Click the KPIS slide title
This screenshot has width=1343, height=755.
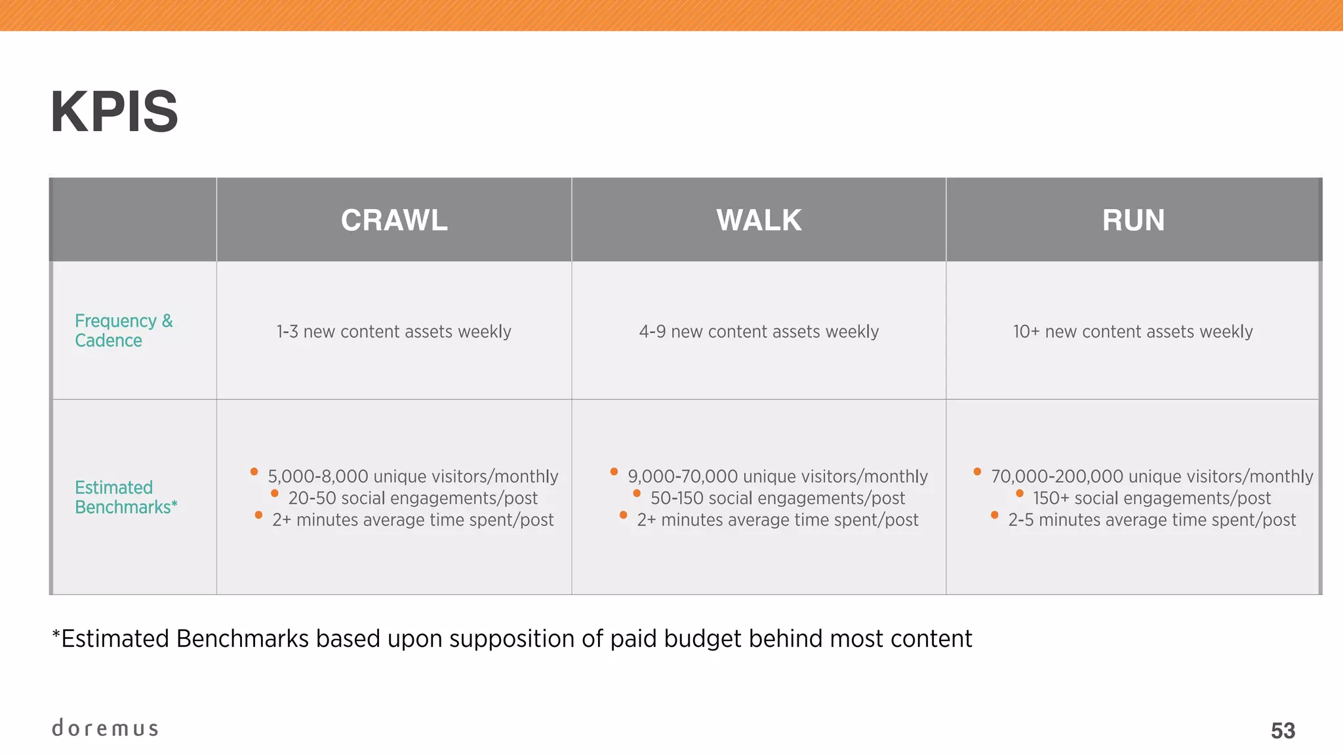[x=114, y=112]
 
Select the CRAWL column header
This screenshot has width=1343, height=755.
[x=394, y=220]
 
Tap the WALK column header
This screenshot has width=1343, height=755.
[x=759, y=220]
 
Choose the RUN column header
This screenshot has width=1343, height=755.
[x=1133, y=220]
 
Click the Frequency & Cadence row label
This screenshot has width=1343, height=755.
[x=123, y=330]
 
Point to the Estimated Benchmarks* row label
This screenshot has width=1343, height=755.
[x=126, y=497]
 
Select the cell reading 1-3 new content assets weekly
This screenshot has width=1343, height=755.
[x=393, y=332]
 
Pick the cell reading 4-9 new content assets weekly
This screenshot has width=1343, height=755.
[x=759, y=332]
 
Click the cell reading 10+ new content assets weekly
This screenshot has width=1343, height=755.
[x=1133, y=332]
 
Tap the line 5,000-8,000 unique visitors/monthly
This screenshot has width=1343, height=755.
[x=412, y=476]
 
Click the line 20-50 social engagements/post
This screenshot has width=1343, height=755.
[x=412, y=498]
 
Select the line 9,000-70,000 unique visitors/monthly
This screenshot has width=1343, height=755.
[x=777, y=476]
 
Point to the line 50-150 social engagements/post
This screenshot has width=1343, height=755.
[x=777, y=498]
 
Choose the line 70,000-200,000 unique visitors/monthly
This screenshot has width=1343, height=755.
[x=1152, y=476]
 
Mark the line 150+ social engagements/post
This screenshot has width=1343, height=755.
[x=1152, y=498]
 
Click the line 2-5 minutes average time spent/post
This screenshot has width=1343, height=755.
[x=1152, y=520]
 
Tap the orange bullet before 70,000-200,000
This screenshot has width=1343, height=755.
[x=977, y=471]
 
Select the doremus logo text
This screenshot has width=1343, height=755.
[x=105, y=728]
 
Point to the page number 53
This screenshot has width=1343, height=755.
[x=1283, y=731]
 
